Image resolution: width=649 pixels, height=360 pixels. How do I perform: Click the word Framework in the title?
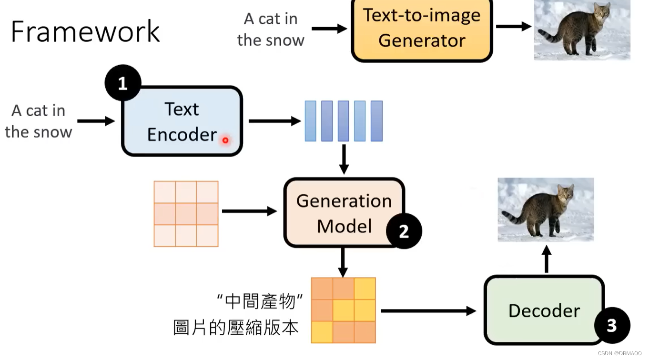point(85,31)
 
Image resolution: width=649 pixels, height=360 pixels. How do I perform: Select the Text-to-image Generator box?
point(422,29)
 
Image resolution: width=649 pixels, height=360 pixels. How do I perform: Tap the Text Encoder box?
point(182,121)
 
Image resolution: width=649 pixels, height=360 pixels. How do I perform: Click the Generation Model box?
point(344,213)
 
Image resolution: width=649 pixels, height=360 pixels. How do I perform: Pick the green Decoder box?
point(544,310)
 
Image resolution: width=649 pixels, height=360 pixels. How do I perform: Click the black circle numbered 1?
point(123,83)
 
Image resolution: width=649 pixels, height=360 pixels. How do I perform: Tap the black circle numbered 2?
point(404,231)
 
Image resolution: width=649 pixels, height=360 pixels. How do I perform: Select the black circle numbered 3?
point(612,325)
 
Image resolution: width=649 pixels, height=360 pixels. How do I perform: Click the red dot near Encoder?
point(225,140)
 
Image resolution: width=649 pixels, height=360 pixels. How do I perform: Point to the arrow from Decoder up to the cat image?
point(547,259)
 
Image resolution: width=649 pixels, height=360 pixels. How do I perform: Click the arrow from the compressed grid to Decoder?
point(427,311)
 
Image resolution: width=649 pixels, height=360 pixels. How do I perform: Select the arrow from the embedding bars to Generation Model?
point(344,160)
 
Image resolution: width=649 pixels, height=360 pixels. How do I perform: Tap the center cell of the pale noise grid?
point(186,214)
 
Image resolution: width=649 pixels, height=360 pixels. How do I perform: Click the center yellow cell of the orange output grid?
point(343,310)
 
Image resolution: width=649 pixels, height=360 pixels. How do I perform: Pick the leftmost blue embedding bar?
point(310,121)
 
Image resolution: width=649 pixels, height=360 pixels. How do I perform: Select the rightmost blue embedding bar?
point(376,121)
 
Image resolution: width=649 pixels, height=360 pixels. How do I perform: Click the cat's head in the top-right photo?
point(601,13)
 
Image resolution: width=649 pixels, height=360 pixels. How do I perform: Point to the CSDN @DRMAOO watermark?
point(619,354)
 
